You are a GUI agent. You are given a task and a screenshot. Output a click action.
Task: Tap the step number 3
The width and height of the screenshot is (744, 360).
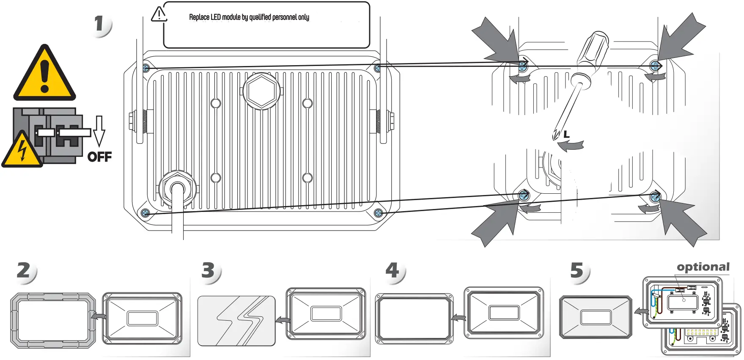(x=208, y=270)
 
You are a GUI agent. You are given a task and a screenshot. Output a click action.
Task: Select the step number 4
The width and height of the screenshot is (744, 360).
(x=392, y=270)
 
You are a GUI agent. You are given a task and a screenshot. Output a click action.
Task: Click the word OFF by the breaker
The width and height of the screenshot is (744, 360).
(x=99, y=157)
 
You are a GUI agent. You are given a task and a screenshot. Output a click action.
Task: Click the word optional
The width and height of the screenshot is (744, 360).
(x=703, y=267)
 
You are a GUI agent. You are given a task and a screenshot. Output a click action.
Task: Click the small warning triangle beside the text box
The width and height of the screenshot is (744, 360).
(x=159, y=14)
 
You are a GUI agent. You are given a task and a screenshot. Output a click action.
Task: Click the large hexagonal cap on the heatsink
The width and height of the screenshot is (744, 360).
(x=261, y=91)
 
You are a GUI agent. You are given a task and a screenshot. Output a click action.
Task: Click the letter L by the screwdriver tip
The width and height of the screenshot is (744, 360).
(x=566, y=135)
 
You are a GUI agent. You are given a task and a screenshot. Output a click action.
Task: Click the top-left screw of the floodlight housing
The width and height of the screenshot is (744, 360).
(x=146, y=68)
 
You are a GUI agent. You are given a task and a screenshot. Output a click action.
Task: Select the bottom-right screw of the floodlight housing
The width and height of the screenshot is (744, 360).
(x=379, y=213)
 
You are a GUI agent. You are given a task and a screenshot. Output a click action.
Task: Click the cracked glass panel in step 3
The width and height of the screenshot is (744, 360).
(x=236, y=321)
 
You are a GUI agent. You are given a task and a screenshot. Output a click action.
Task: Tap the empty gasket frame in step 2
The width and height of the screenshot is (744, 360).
(x=53, y=320)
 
